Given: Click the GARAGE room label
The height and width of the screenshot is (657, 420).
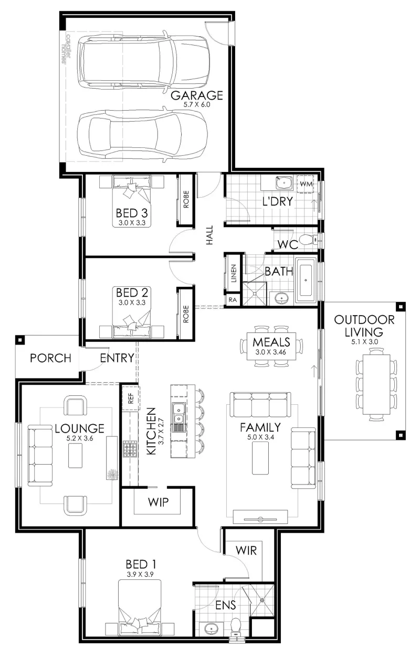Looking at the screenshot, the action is point(196,95).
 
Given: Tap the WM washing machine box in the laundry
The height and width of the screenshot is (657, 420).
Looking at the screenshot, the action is point(306,184).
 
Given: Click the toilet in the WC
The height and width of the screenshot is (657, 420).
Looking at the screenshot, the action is point(309,239).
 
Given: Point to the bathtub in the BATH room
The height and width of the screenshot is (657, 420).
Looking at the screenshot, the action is point(306,280).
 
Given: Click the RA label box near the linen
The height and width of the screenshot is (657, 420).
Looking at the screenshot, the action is point(233,300).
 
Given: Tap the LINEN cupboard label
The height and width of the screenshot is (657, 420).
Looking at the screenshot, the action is point(234,273).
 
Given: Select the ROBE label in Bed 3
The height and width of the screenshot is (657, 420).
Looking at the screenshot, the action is point(186,199).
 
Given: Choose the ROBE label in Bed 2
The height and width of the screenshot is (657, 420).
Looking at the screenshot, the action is point(186,314).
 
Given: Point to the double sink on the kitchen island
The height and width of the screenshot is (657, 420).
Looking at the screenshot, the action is point(178,413).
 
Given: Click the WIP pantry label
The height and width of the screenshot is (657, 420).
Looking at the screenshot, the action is point(159,502).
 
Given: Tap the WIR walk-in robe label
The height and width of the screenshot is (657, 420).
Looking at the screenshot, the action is point(246,551).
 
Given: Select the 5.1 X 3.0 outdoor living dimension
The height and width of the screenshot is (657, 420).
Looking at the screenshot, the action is point(364,342).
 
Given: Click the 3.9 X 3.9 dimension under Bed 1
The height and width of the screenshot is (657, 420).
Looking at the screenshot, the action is point(140,574).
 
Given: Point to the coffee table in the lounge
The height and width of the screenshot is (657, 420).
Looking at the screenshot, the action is point(75,456).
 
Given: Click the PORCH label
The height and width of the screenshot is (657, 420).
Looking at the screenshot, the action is point(50,358).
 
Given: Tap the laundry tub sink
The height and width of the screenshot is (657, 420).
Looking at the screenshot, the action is point(284,182).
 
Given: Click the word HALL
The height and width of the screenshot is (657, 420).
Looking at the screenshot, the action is point(209,235).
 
